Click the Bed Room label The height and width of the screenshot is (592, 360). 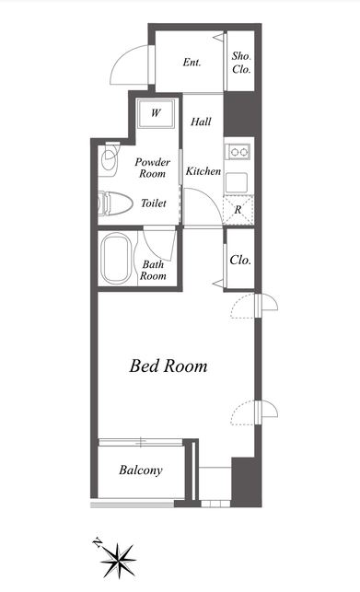point(168,366)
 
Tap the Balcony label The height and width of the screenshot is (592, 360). point(141,470)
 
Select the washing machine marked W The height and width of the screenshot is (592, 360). point(156,113)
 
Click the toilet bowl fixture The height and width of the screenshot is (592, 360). point(115,203)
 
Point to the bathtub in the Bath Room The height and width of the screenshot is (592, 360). point(116,258)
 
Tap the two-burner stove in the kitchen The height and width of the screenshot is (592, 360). point(238,151)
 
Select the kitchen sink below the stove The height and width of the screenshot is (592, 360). point(237,182)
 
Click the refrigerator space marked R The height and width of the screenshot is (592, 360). point(238,210)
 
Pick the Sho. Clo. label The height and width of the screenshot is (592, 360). point(241,63)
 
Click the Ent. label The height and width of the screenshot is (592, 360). point(192,63)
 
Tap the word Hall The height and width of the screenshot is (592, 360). point(201,122)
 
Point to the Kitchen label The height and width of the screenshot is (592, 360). point(203,171)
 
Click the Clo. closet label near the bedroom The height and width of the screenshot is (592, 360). point(240,260)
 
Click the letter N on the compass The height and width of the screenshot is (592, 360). point(98,542)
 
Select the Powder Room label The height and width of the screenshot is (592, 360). point(152,168)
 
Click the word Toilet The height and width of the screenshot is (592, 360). point(154,203)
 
